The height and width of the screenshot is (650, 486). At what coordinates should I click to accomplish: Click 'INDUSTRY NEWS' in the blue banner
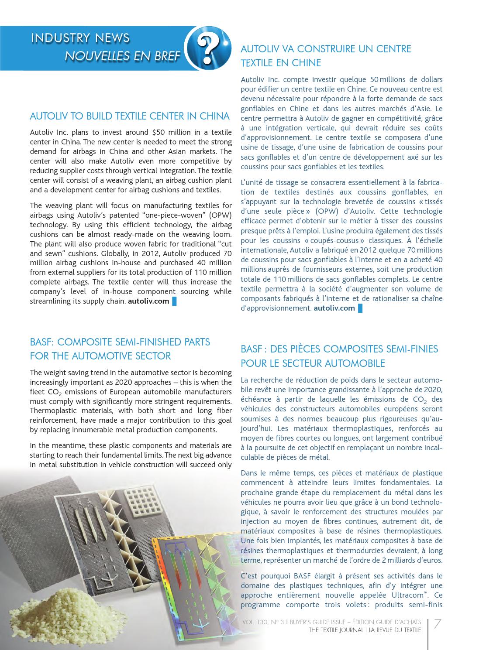80,38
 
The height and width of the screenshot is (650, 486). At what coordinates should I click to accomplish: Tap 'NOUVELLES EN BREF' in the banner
122,56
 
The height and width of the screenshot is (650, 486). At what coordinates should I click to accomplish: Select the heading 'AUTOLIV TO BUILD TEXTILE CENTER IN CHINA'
130,116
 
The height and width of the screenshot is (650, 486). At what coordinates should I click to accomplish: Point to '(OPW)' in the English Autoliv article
221,215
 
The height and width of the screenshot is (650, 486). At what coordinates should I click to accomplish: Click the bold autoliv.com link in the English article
148,301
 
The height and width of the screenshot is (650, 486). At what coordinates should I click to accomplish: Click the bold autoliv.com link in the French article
334,308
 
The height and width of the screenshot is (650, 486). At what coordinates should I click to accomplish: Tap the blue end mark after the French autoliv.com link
360,308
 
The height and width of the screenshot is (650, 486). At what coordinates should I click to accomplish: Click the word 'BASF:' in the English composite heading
41,342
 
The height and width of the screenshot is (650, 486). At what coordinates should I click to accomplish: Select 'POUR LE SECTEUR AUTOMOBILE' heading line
313,363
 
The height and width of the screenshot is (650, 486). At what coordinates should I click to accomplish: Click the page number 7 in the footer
437,625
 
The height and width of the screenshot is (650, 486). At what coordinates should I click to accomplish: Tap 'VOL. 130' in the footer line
254,622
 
